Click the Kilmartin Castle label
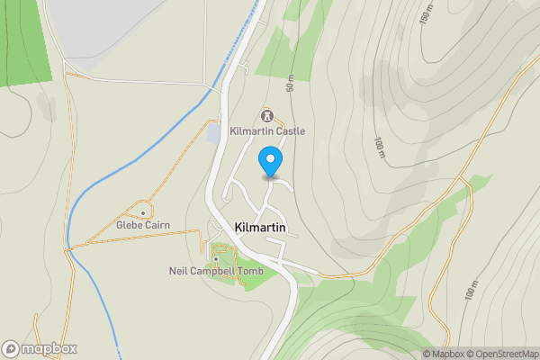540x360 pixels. pos(267,131)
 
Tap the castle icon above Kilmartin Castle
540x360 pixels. pos(266,115)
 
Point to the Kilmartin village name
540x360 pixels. pos(260,228)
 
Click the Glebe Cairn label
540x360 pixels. pos(143,225)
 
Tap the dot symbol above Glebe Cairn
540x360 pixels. pos(143,212)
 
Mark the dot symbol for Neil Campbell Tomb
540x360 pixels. pos(216,258)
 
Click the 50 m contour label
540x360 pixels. pos(290,84)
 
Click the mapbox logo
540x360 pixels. pos(40,348)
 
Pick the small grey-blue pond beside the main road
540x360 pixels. pos(213,132)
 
